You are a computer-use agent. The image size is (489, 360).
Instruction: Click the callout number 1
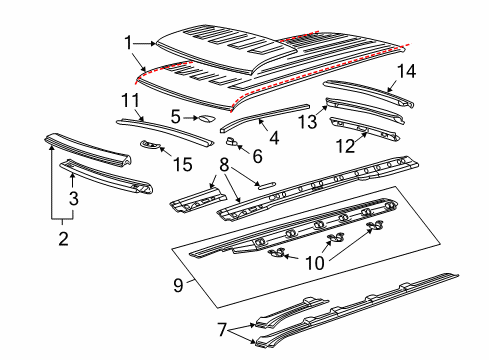[128, 42]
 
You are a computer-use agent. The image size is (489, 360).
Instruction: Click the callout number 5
[175, 116]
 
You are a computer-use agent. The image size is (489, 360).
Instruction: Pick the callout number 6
[256, 155]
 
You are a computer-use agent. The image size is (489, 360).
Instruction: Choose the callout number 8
[225, 163]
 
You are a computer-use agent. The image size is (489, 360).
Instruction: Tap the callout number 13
[306, 121]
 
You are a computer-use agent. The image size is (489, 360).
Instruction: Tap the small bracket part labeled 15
[153, 146]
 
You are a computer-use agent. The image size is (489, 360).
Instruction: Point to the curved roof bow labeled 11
[165, 129]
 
